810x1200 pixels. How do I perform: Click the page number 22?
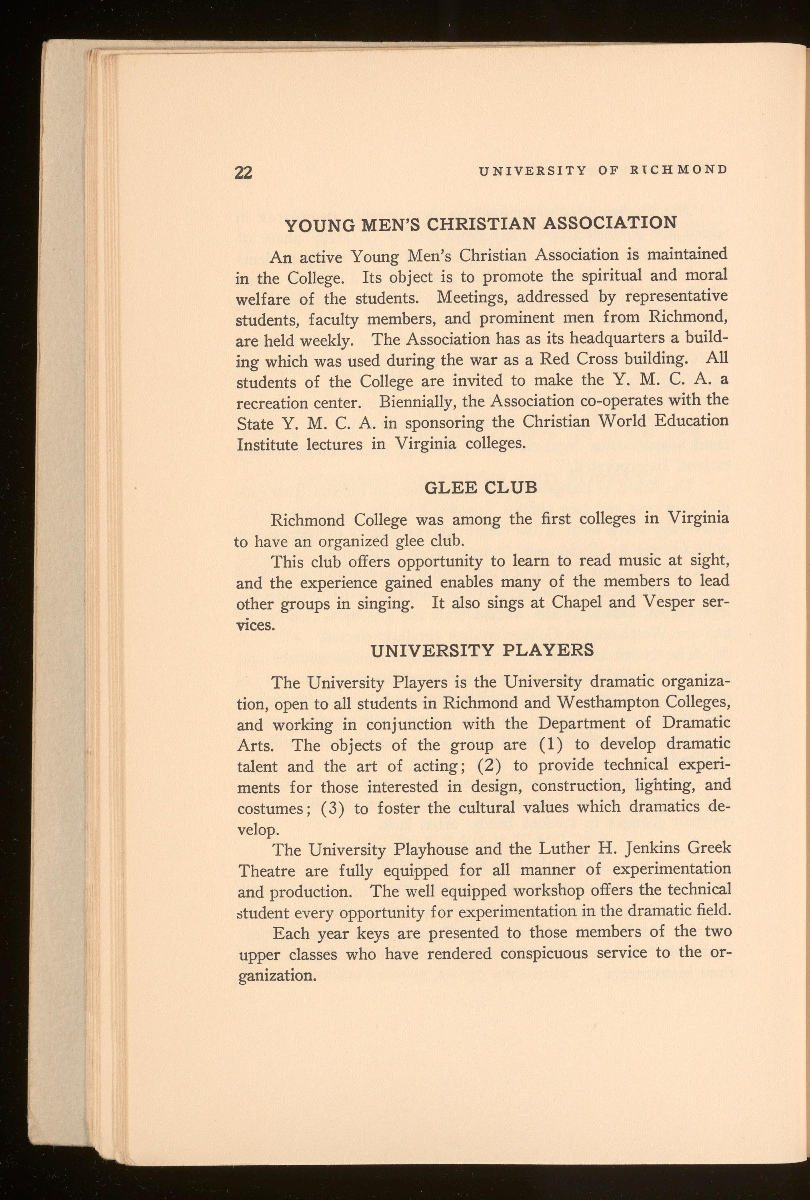click(243, 172)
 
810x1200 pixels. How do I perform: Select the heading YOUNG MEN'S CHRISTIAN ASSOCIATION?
click(481, 224)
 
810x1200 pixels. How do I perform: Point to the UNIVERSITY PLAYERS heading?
click(482, 650)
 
